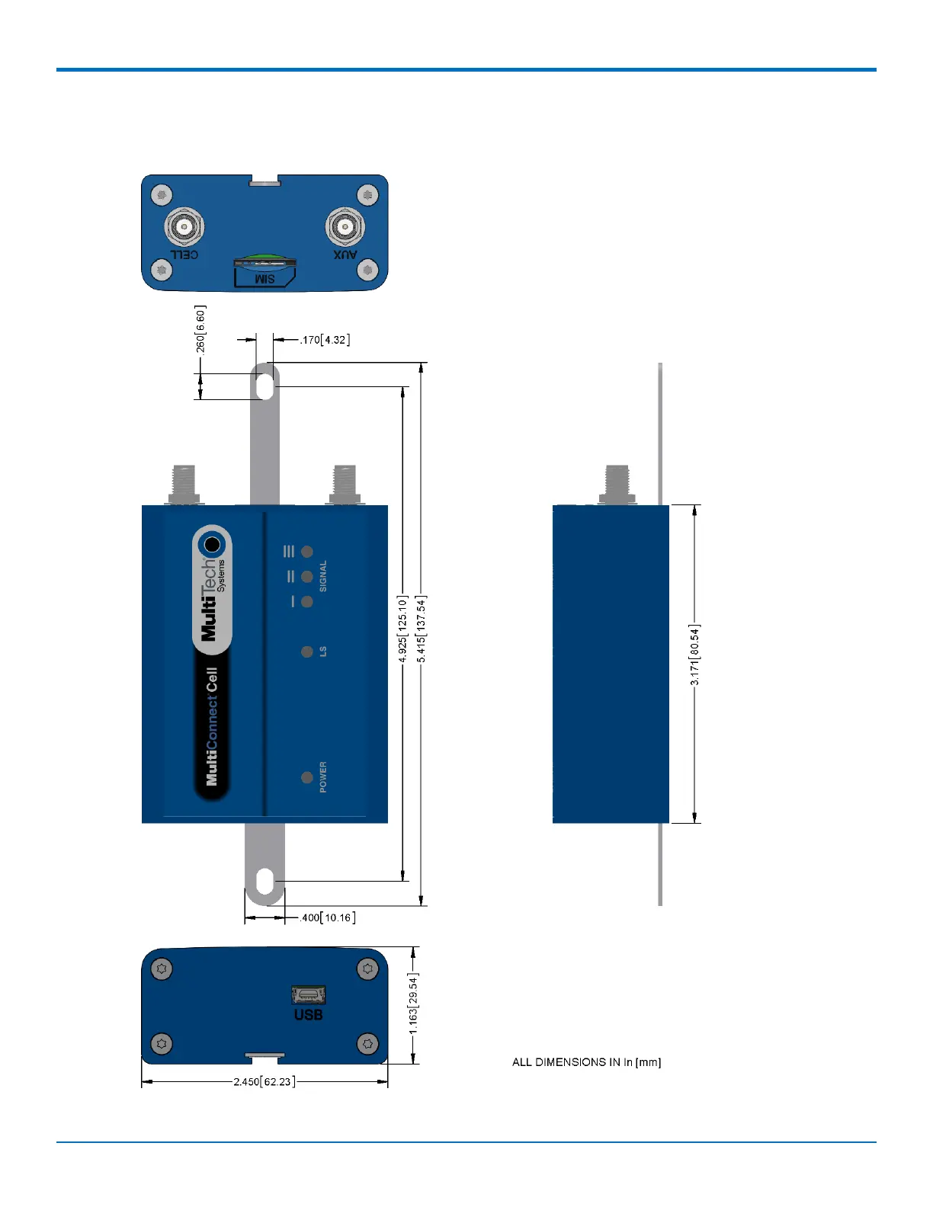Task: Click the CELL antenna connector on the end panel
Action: coord(184,226)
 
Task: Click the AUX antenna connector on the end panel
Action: coord(345,226)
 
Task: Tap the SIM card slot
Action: coord(265,265)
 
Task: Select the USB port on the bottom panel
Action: coord(308,994)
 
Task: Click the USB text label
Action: coord(308,1015)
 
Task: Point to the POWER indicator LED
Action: coord(307,777)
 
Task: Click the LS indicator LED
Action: coord(307,652)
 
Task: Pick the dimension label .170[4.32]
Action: coord(325,340)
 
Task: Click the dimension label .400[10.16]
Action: coord(328,917)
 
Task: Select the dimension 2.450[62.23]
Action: coord(264,1081)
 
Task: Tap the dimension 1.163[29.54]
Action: coord(413,1003)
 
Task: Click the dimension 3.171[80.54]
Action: coord(694,655)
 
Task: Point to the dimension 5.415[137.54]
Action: coord(422,629)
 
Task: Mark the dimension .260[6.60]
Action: coord(200,329)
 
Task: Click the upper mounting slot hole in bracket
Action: coord(265,383)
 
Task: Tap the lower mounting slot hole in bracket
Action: coord(265,882)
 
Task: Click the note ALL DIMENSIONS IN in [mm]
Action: coord(586,1062)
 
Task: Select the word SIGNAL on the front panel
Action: coord(322,576)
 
